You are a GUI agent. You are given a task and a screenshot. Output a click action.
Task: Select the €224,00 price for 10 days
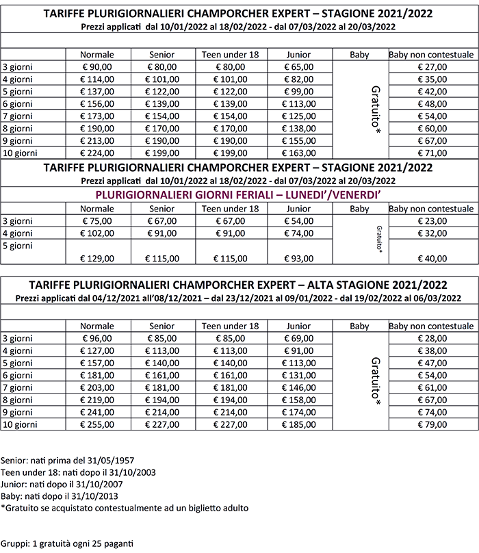pos(96,153)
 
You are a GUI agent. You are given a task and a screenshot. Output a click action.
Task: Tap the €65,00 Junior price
pos(299,67)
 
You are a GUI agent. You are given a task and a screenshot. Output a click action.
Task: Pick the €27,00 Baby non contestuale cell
pos(432,67)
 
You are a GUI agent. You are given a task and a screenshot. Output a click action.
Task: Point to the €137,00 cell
pos(96,92)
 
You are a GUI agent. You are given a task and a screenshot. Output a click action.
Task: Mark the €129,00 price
pos(96,258)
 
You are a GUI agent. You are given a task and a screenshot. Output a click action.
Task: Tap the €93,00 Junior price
pos(299,258)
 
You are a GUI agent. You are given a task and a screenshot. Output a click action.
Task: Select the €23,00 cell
pos(432,221)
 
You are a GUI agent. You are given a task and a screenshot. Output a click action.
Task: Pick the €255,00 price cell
pos(96,424)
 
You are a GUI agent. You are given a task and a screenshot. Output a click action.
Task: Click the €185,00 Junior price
pos(299,424)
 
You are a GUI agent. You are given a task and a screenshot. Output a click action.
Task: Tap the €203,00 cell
pos(96,387)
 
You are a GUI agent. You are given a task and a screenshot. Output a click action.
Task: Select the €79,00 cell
pos(432,424)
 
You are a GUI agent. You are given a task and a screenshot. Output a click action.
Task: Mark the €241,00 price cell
pos(96,411)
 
